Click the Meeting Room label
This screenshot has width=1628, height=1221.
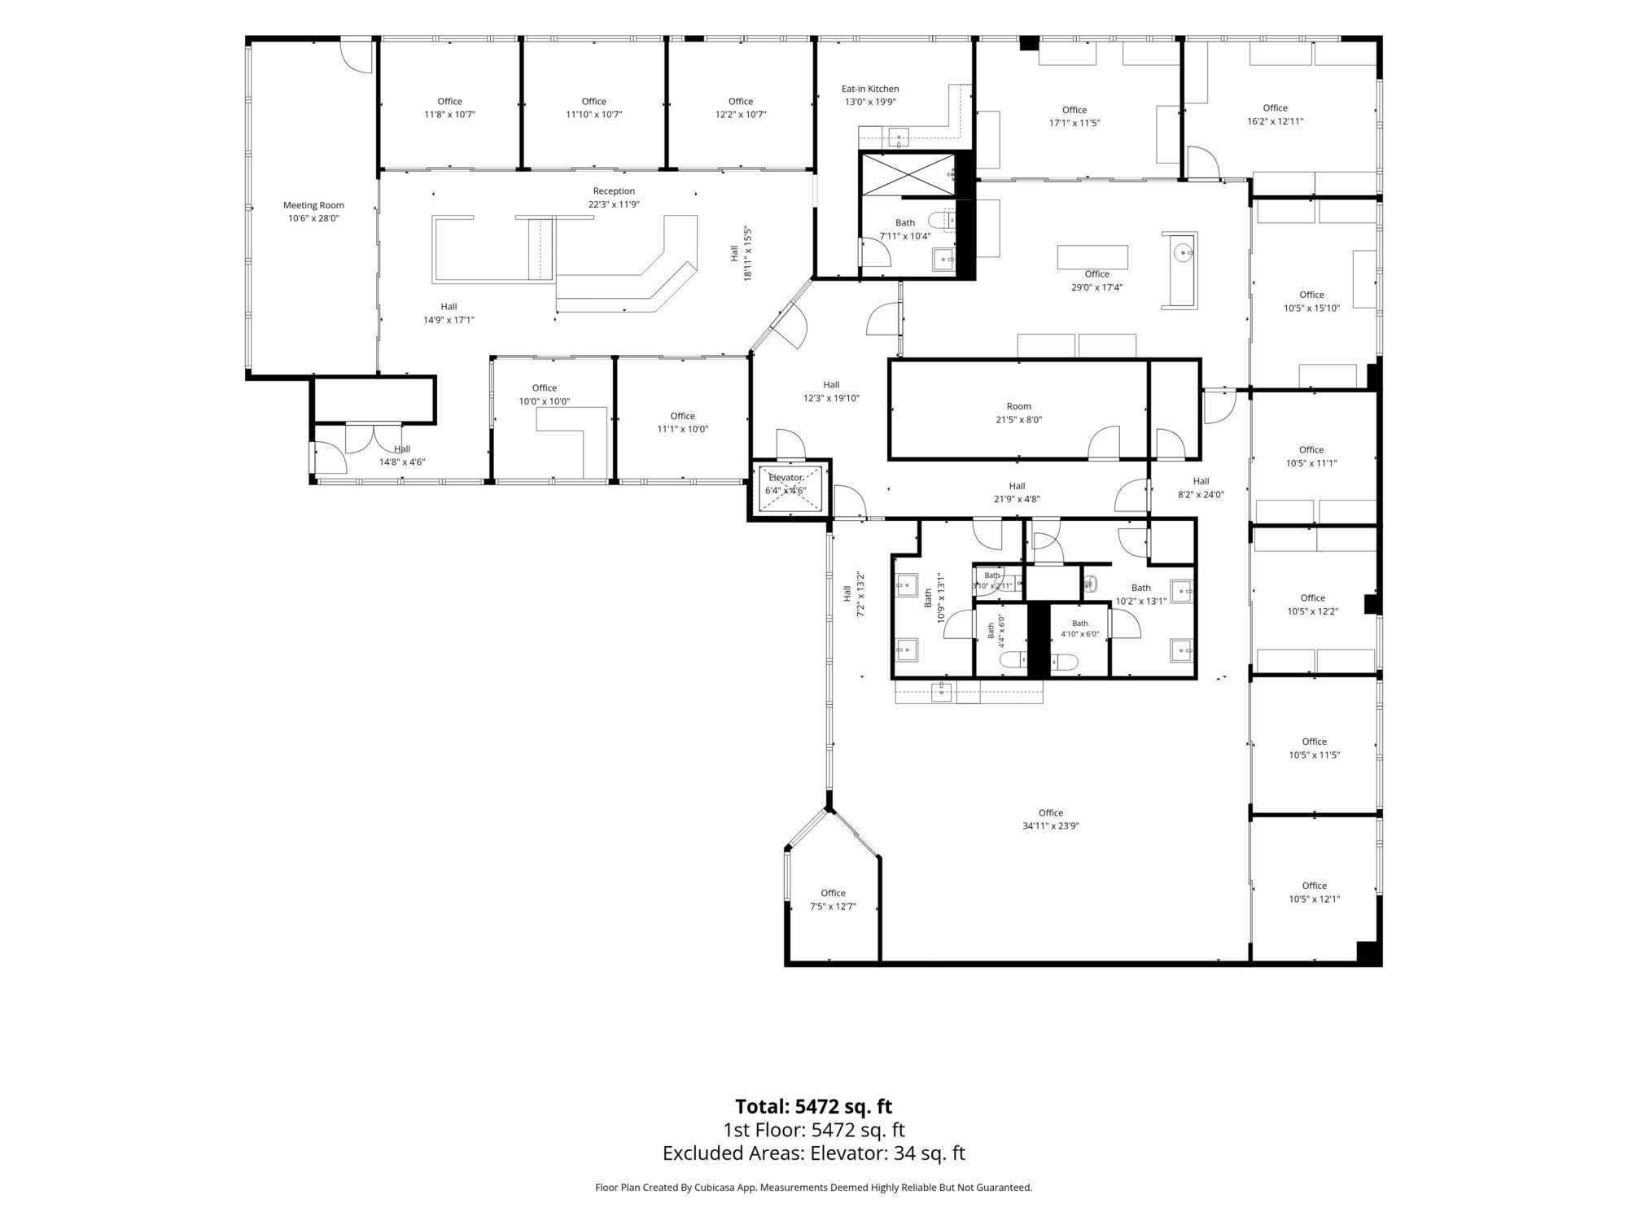coord(313,205)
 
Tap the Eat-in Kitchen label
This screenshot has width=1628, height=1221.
coord(870,89)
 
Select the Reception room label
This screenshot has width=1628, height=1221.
coord(614,191)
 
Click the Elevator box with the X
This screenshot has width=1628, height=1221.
coord(786,488)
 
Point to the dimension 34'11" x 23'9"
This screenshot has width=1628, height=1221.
coord(1051,825)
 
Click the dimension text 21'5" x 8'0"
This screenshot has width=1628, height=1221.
coord(1018,419)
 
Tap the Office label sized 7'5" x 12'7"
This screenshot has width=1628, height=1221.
coord(833,893)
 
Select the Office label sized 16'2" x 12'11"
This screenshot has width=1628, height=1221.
coord(1276,107)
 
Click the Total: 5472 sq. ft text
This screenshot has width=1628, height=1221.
coord(814,1107)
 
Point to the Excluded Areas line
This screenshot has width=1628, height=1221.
coord(814,1153)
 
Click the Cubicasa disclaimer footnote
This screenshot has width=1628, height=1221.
coord(814,1188)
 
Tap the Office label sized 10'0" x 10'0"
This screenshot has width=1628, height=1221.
coord(545,387)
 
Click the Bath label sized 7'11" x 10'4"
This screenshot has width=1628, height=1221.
coord(905,222)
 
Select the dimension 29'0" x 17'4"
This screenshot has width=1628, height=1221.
coord(1097,287)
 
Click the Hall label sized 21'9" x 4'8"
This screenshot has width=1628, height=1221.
coord(1017,486)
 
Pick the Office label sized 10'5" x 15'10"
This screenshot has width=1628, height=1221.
coord(1311,295)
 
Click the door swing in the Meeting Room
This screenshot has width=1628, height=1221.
coord(356,58)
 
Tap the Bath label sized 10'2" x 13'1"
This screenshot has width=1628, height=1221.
coord(1141,588)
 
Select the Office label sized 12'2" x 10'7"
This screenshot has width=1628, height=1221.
coord(741,102)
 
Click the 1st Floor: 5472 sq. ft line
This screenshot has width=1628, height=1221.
coord(814,1130)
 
